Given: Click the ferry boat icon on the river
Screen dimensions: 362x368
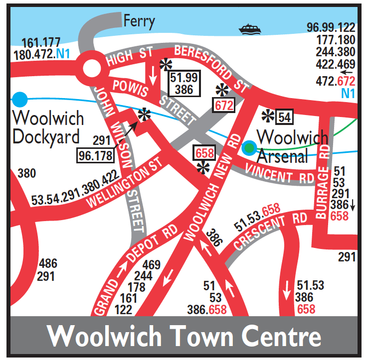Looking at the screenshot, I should pyautogui.click(x=249, y=29).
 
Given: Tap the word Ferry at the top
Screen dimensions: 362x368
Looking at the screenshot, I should pyautogui.click(x=139, y=21).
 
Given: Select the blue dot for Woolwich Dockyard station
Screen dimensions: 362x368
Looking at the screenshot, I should pyautogui.click(x=20, y=98).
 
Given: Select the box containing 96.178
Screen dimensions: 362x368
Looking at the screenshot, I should pyautogui.click(x=95, y=155).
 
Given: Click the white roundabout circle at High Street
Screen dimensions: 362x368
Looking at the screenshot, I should pyautogui.click(x=92, y=68).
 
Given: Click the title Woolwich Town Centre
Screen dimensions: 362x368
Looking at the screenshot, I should pyautogui.click(x=184, y=337).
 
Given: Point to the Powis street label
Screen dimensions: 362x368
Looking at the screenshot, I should pyautogui.click(x=131, y=87).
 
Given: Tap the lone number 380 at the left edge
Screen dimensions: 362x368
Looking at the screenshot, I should pyautogui.click(x=26, y=174).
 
